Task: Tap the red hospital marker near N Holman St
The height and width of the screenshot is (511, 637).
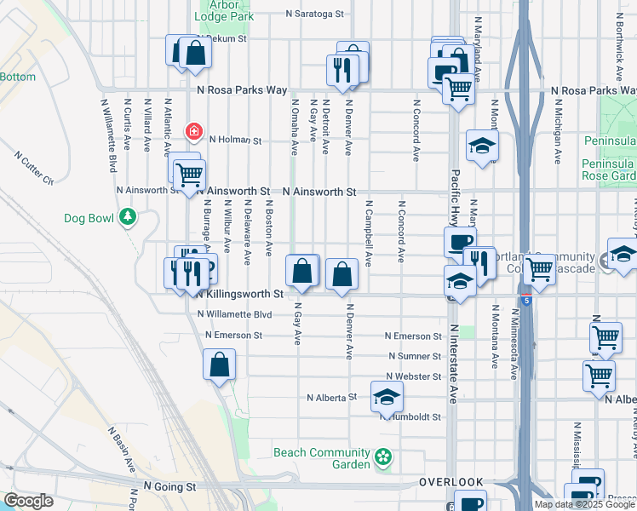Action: (x=194, y=131)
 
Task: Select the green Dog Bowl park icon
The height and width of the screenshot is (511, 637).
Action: (x=128, y=218)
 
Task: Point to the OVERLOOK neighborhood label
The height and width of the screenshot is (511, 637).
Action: (x=450, y=482)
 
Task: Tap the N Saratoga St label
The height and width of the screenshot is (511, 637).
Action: (x=314, y=14)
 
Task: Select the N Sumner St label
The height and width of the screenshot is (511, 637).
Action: (x=414, y=356)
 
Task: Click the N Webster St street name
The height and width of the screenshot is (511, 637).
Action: (x=413, y=376)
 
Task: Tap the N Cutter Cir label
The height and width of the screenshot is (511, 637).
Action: (x=34, y=169)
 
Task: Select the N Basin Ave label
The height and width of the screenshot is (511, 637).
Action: (x=121, y=451)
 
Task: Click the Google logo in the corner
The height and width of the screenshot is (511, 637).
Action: (x=28, y=501)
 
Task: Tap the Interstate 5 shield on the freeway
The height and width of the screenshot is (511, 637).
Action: (x=527, y=301)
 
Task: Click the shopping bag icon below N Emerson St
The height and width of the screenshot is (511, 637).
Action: (x=219, y=365)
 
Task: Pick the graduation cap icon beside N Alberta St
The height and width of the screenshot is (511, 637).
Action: (x=387, y=396)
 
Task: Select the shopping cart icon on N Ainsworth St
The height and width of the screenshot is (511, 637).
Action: (x=189, y=175)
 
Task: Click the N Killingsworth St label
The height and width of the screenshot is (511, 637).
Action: (x=239, y=294)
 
